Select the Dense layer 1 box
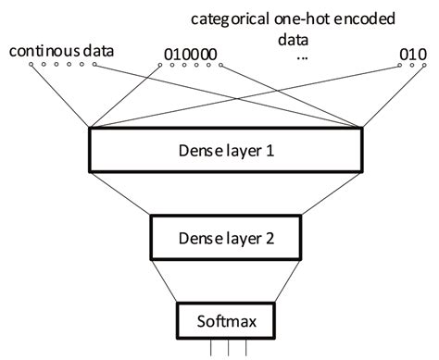click(x=225, y=150)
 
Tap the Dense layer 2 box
click(x=225, y=236)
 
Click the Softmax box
click(x=225, y=323)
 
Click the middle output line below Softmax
click(x=225, y=350)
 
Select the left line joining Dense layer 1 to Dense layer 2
click(x=121, y=193)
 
